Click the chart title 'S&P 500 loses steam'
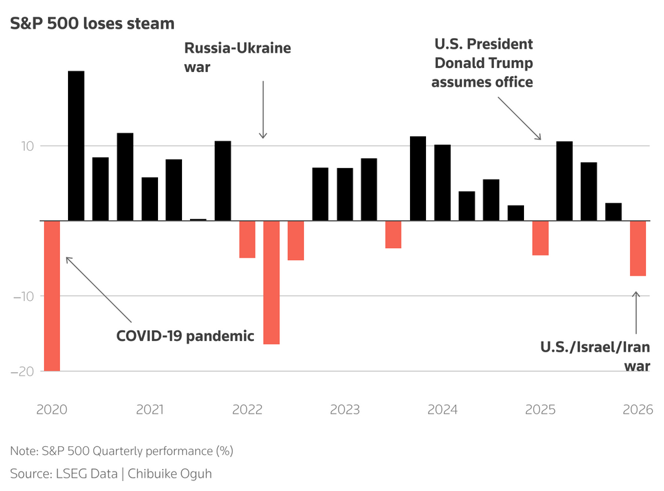click(x=92, y=23)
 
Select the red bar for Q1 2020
click(x=52, y=295)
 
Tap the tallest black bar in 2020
click(x=76, y=145)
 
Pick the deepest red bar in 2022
click(x=271, y=282)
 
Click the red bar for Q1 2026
click(x=638, y=248)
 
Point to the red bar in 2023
click(x=393, y=234)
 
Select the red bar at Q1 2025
click(x=540, y=237)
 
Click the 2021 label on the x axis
click(x=150, y=409)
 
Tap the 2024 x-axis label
click(x=443, y=409)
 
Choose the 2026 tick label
click(x=637, y=409)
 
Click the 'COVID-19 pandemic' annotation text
click(x=185, y=336)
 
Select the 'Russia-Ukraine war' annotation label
click(x=237, y=57)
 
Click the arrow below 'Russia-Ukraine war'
click(x=263, y=110)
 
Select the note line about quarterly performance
click(x=121, y=451)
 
